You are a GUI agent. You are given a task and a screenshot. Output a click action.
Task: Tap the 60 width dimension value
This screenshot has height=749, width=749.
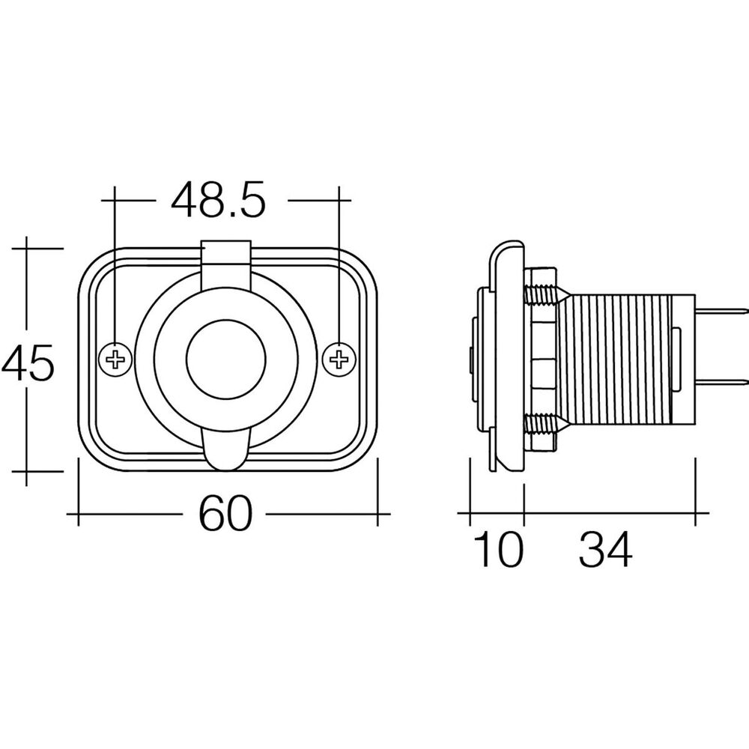[x=225, y=514]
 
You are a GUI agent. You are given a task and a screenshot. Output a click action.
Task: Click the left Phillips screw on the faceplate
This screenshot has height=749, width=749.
[x=115, y=359]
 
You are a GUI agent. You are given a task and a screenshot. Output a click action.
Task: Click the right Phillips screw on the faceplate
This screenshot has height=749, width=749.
[x=339, y=359]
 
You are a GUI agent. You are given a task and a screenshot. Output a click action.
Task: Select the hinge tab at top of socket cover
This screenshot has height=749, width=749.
[x=226, y=258]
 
